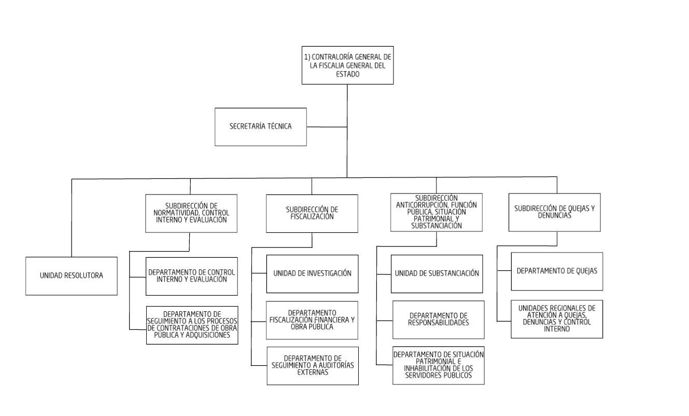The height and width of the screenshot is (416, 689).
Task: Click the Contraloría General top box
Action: (347, 64)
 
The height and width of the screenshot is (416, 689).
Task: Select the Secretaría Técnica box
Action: (261, 127)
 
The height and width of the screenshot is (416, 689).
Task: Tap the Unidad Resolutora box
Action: (72, 275)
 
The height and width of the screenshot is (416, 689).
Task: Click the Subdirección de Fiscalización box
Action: (312, 213)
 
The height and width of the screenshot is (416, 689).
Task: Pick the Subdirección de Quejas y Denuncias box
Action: (554, 213)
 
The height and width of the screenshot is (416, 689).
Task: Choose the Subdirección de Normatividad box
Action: (191, 213)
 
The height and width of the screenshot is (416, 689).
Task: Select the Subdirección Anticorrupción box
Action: (437, 212)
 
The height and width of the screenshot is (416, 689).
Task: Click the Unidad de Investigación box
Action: (312, 273)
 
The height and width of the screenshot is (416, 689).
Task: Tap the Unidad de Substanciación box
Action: (437, 273)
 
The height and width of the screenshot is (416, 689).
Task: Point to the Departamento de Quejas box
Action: (557, 271)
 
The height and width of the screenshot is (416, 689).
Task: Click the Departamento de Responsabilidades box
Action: (439, 319)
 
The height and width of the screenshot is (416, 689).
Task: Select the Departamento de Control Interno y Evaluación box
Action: (191, 275)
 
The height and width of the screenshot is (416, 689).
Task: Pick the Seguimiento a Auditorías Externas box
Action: (313, 365)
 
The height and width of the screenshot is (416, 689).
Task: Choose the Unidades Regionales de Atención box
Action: (557, 318)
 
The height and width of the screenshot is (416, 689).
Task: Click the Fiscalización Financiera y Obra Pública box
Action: (313, 320)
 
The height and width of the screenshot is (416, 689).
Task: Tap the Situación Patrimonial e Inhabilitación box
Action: (439, 365)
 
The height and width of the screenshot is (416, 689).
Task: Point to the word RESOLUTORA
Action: (84, 276)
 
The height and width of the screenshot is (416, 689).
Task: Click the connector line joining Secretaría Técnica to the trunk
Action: (327, 127)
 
